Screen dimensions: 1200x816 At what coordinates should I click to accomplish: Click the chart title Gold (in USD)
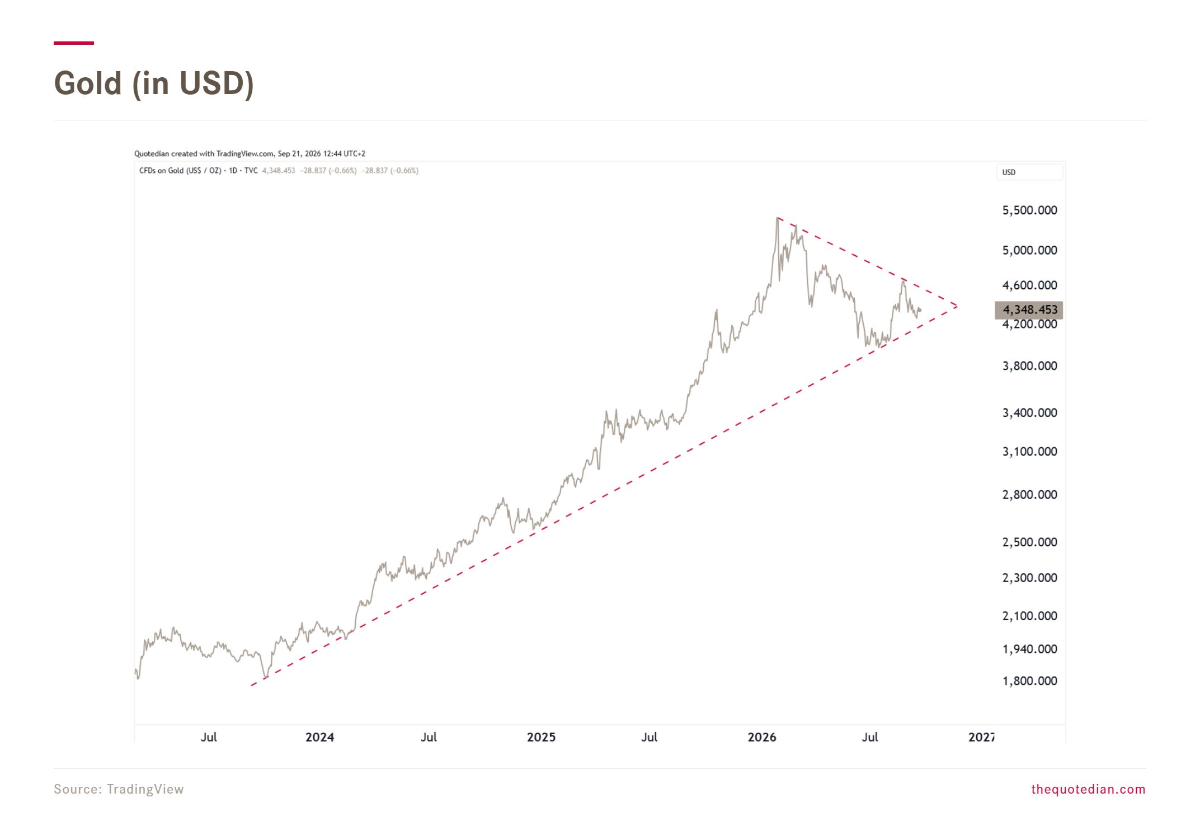(154, 83)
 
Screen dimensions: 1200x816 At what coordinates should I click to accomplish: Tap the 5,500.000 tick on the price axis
(1029, 210)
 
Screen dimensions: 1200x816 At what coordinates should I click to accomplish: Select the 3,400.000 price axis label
(1029, 413)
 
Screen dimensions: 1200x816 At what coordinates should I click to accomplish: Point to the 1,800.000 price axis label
(1029, 681)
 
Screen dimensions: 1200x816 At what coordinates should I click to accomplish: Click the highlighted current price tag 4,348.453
(1029, 309)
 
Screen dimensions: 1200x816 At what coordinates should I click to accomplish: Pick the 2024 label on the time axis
(319, 737)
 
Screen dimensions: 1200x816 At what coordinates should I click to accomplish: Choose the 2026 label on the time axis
(762, 737)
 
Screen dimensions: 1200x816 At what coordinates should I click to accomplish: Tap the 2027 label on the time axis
(981, 737)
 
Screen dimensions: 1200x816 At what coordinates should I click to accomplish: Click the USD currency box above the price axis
(1029, 172)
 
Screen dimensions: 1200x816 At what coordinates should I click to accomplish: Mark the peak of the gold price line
(778, 218)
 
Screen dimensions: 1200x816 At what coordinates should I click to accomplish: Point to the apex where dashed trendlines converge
(957, 306)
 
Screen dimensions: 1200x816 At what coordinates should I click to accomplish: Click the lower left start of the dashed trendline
(251, 686)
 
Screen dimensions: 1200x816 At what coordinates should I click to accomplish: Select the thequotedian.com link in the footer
(1088, 789)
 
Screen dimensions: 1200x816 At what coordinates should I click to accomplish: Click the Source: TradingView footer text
(119, 789)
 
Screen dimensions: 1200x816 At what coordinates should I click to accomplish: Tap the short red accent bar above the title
(74, 43)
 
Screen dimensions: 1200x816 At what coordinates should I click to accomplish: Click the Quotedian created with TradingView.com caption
(250, 153)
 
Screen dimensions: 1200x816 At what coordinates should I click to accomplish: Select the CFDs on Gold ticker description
(199, 171)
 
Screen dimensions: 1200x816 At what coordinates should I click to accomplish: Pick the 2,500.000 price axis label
(1029, 542)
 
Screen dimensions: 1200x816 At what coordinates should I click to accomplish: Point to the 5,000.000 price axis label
(1029, 250)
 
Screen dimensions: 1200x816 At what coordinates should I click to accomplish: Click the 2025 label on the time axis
(541, 737)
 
